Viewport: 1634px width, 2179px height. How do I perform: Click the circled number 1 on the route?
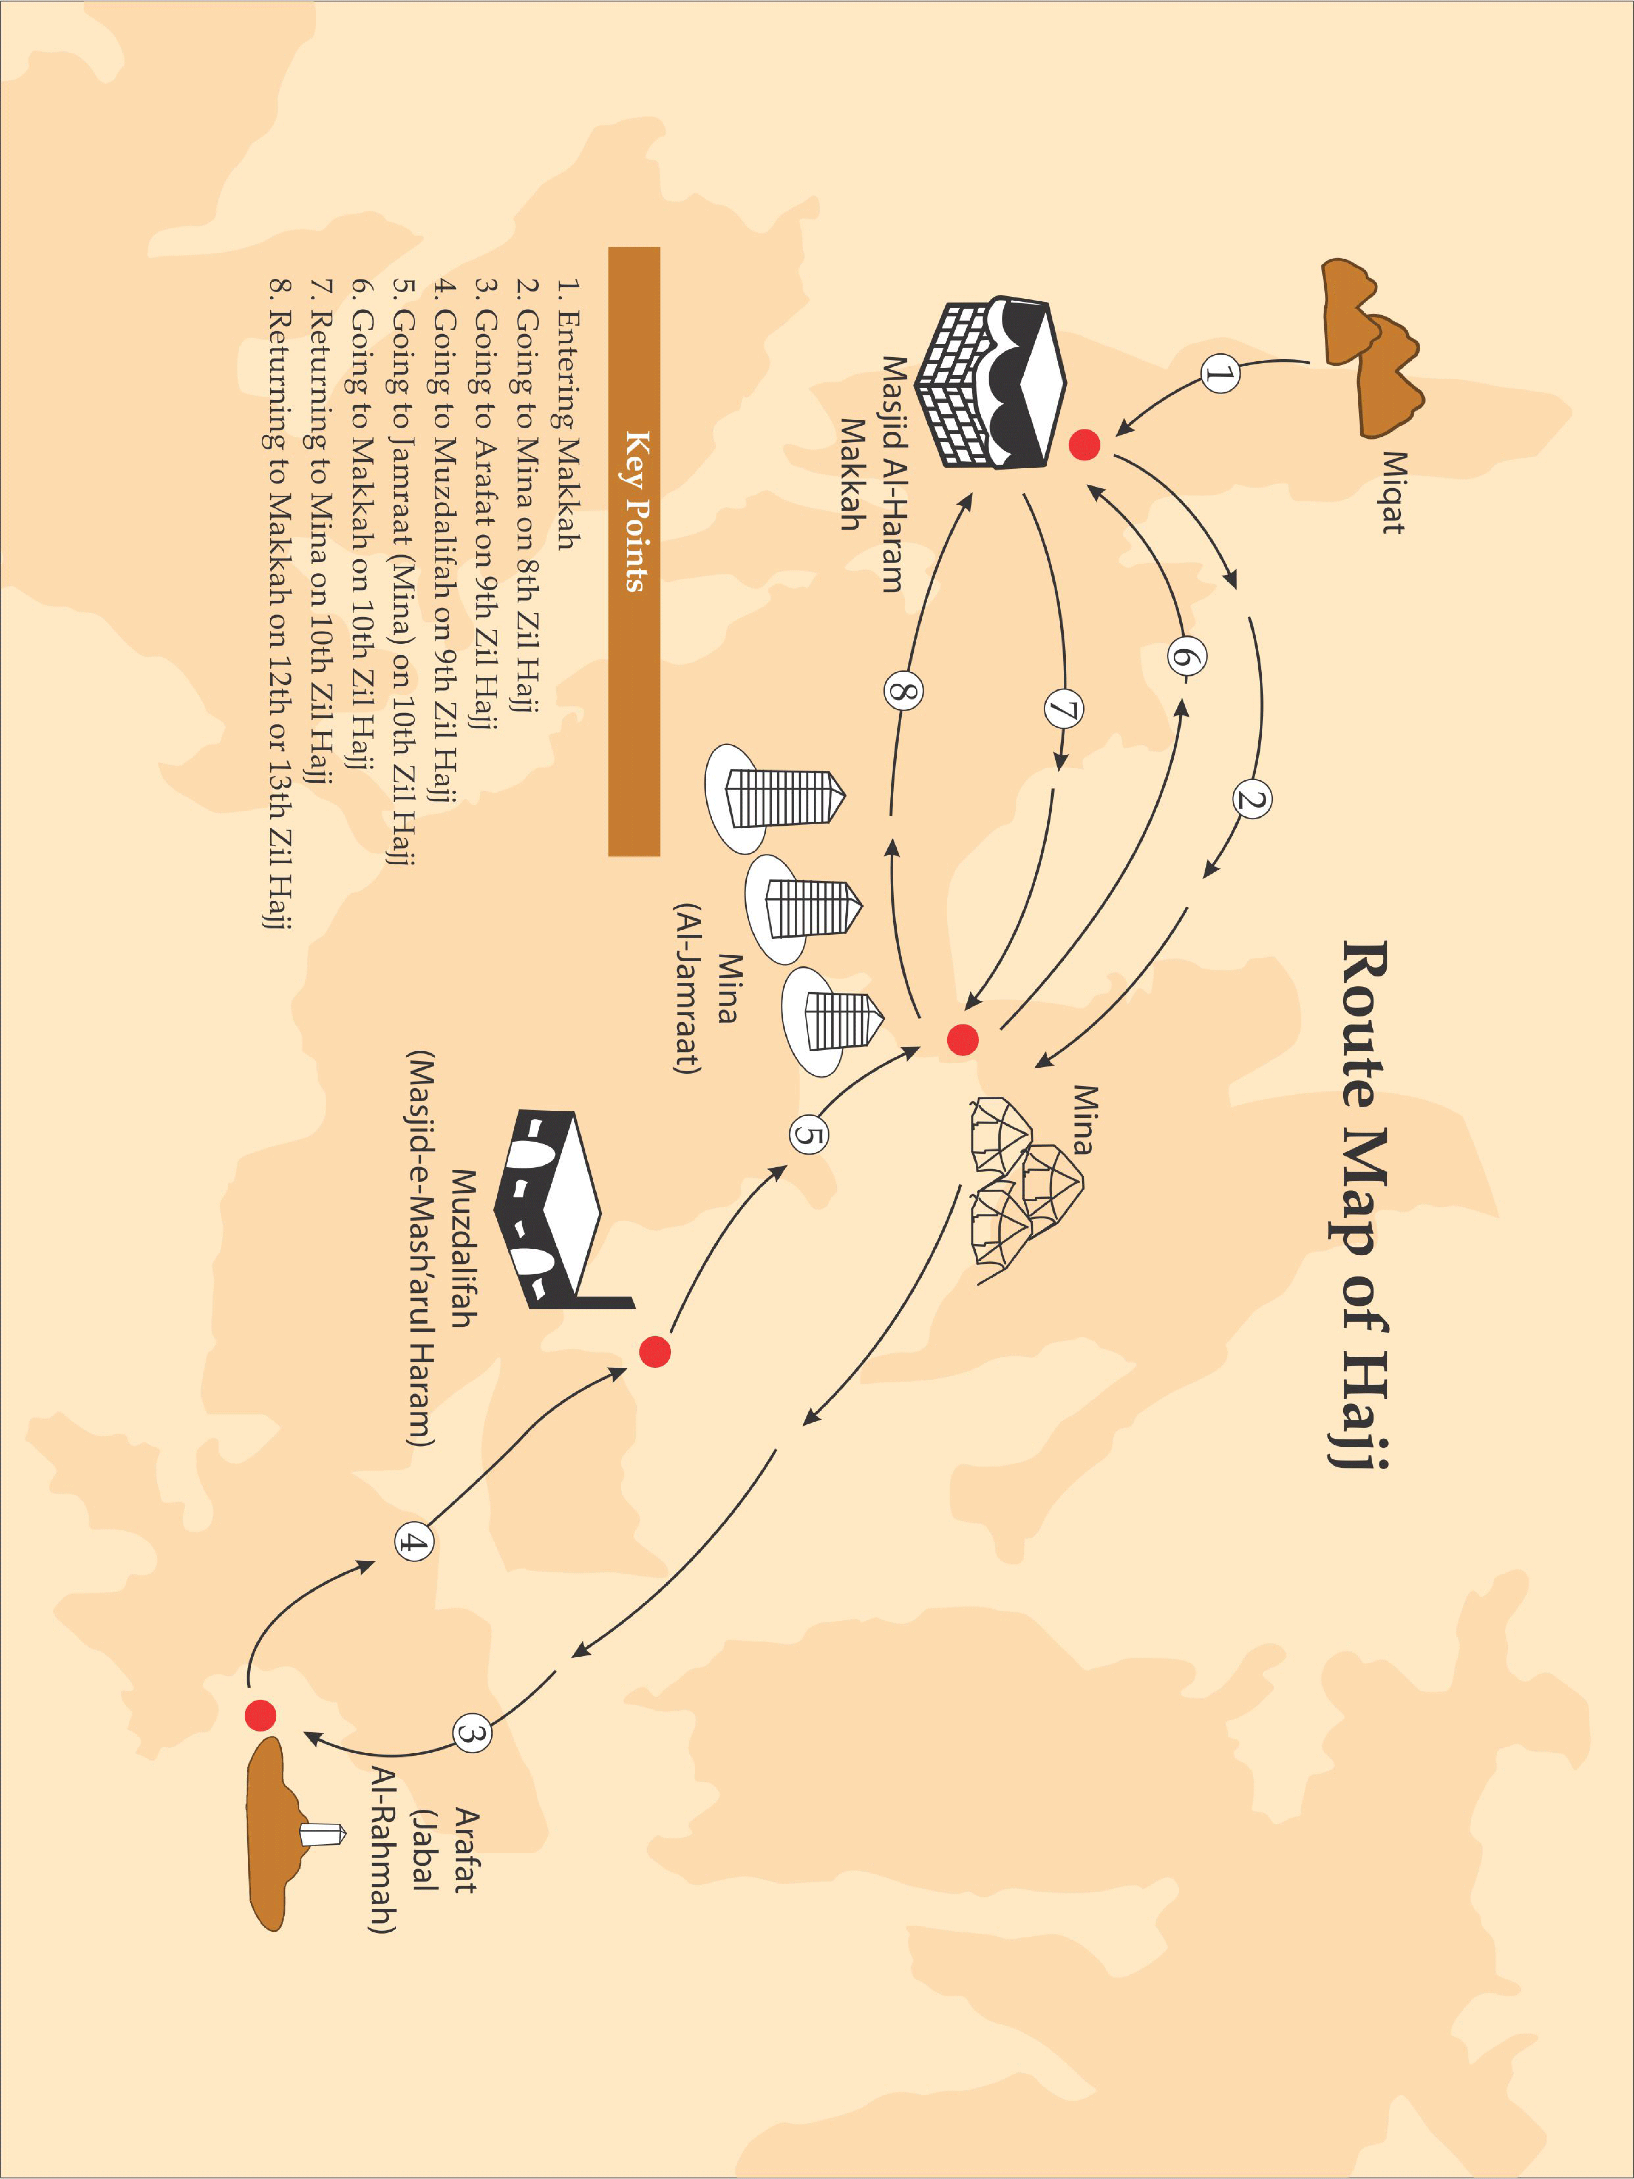(1220, 374)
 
